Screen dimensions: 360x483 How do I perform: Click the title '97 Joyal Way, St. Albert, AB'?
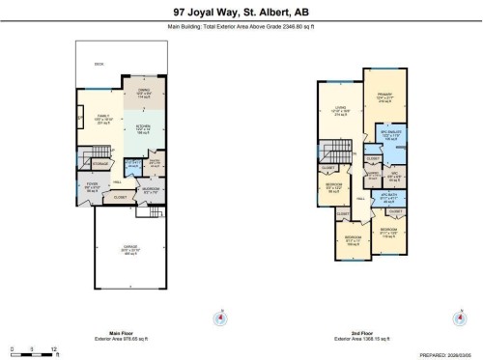[x=241, y=13]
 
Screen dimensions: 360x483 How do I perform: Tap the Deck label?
[x=99, y=65]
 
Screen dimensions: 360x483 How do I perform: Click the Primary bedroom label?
[x=384, y=97]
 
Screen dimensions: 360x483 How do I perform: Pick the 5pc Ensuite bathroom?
[x=390, y=136]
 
